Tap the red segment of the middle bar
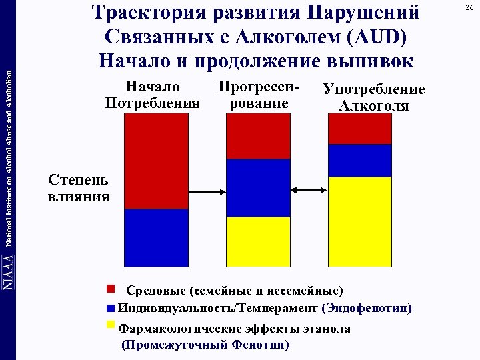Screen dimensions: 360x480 pos(258,136)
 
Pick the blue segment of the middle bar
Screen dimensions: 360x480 pos(258,188)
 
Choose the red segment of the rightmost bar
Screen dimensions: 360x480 pos(359,129)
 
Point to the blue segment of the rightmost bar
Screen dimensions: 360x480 pos(359,161)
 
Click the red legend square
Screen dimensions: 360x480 pos(111,289)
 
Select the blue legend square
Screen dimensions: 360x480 pos(111,308)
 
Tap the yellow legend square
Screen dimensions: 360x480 pos(111,325)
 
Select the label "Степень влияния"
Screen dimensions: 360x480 pos(79,189)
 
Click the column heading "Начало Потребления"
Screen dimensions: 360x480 pos(152,95)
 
